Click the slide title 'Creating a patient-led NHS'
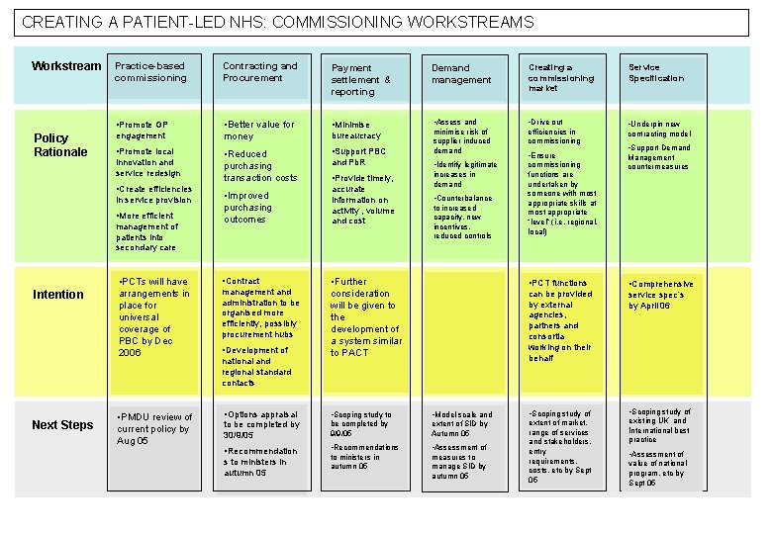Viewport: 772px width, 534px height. [x=277, y=22]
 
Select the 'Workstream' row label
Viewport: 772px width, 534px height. [x=66, y=66]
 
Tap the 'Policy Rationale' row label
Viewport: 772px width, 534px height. [x=59, y=144]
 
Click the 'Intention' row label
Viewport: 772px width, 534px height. [x=58, y=294]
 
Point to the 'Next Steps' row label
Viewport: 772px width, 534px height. [x=62, y=424]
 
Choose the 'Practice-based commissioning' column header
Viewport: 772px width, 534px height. [x=150, y=71]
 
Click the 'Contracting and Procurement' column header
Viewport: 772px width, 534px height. [x=259, y=71]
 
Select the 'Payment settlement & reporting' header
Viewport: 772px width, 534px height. [x=360, y=79]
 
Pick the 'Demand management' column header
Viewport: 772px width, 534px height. [x=461, y=74]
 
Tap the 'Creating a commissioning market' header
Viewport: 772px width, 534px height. [x=561, y=77]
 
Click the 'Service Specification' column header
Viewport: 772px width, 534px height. [x=656, y=73]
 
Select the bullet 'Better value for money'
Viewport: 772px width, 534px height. [x=259, y=130]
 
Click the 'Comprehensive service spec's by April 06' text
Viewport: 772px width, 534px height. [x=661, y=295]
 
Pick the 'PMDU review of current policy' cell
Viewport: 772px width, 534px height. [x=154, y=427]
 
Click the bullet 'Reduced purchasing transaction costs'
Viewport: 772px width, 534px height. [x=259, y=166]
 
